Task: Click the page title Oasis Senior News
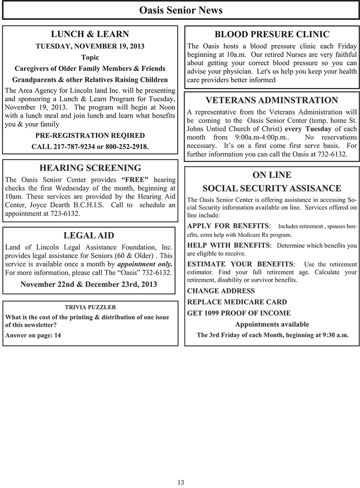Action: [180, 10]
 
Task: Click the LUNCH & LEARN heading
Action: [90, 34]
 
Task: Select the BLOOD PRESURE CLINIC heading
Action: [272, 34]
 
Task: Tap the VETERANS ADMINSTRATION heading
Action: [272, 100]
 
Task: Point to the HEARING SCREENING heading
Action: [90, 168]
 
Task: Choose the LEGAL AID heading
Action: [89, 236]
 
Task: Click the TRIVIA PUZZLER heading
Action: [90, 307]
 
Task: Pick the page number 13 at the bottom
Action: [180, 482]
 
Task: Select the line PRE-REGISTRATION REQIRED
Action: [90, 135]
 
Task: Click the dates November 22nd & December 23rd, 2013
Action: [89, 284]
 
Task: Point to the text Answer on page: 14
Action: [33, 335]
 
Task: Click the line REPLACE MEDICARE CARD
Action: [237, 302]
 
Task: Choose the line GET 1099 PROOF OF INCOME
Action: [239, 313]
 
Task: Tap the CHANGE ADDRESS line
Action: [221, 291]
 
